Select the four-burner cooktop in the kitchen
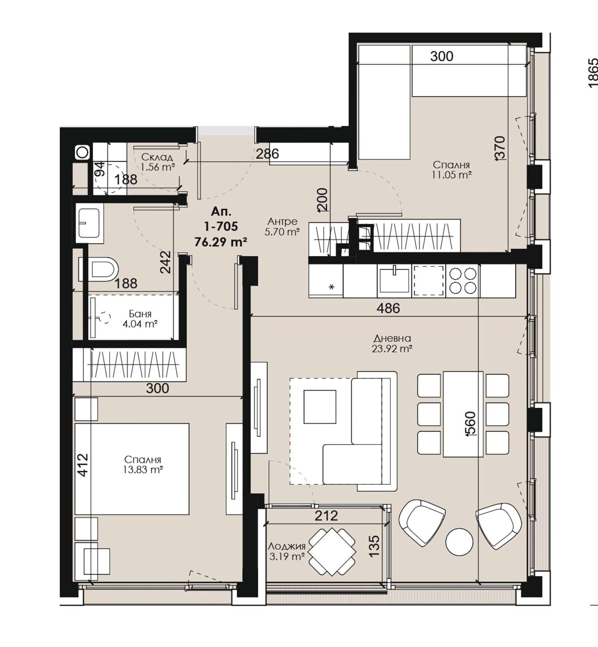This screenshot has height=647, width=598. (x=463, y=281)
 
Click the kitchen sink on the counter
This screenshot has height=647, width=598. (x=394, y=280)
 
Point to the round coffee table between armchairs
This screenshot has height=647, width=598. (x=459, y=542)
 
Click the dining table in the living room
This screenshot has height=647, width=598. (x=463, y=414)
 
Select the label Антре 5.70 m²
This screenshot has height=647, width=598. (x=282, y=226)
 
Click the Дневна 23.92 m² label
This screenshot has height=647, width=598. (x=392, y=343)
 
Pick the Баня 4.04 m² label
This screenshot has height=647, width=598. (x=140, y=319)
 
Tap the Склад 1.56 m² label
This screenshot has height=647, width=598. (x=157, y=162)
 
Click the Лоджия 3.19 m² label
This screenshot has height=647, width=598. (x=287, y=551)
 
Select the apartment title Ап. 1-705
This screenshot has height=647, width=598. (x=221, y=218)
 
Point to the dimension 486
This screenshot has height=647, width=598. (x=388, y=308)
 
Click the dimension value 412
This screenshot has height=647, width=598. (x=83, y=465)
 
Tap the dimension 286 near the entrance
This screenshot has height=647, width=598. (x=267, y=153)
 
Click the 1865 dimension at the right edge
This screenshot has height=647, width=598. (x=593, y=73)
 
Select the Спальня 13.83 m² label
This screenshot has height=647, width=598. (x=143, y=465)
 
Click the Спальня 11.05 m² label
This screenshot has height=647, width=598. (x=452, y=169)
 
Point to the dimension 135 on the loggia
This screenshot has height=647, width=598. (x=374, y=546)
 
